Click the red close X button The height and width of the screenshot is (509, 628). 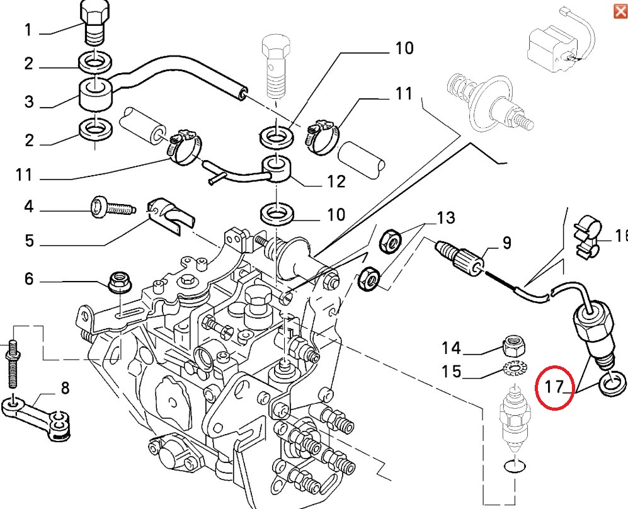tap(619, 11)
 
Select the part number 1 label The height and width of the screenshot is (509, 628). tap(28, 30)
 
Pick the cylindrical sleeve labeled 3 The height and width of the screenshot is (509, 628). tap(94, 94)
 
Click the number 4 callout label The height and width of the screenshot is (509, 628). tap(28, 207)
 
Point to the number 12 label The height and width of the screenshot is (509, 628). tap(336, 182)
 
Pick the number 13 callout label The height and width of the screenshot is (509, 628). tap(445, 219)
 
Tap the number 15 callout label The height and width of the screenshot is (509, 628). tap(451, 372)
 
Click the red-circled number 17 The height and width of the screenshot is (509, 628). tap(554, 386)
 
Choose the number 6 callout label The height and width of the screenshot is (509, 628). tap(28, 278)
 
